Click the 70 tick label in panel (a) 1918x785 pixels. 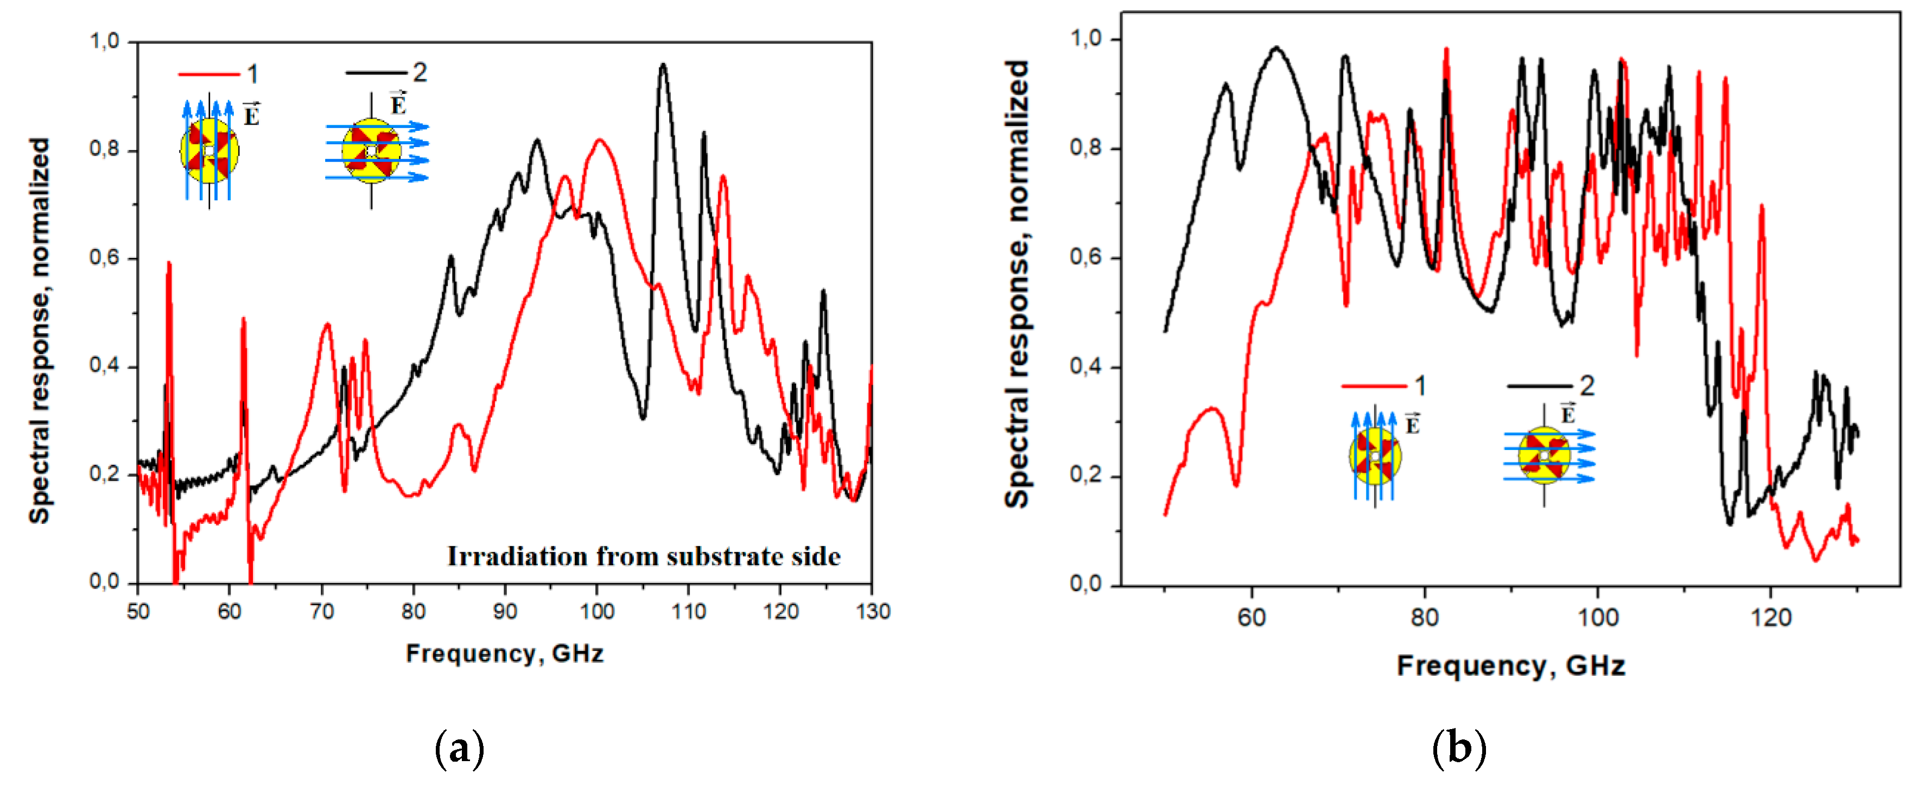(x=322, y=611)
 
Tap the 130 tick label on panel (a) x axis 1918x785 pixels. (x=873, y=611)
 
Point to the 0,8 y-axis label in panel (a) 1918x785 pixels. (x=104, y=149)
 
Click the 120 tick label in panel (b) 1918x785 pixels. (x=1770, y=617)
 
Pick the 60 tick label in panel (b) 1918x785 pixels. (x=1251, y=617)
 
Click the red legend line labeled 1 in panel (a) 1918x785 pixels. (x=208, y=74)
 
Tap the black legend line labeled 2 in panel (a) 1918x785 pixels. (x=376, y=72)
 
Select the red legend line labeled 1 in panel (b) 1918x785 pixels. (x=1374, y=386)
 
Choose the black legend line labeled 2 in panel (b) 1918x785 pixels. (x=1539, y=386)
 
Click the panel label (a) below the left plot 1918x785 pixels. (x=459, y=749)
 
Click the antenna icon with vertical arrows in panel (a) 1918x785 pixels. (x=209, y=150)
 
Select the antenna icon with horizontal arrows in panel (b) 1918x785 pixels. (x=1545, y=455)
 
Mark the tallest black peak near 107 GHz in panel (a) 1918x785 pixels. (x=663, y=66)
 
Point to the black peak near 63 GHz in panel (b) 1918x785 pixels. (x=1276, y=48)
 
